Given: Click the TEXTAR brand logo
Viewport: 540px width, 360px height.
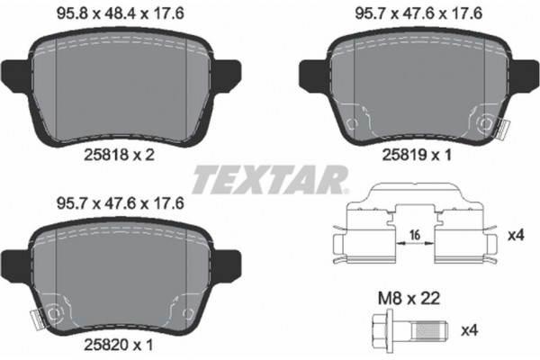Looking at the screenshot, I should (271, 178).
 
